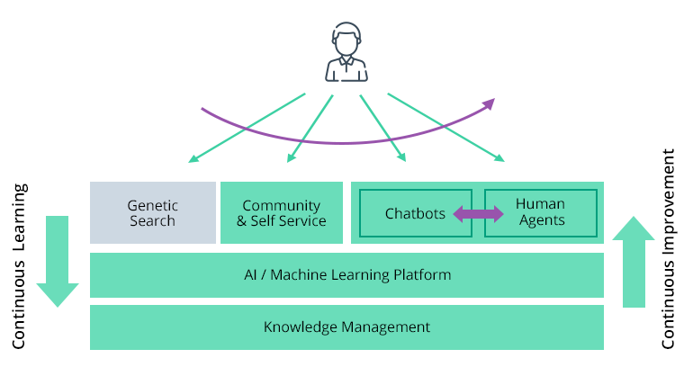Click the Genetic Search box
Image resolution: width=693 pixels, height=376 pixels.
[152, 212]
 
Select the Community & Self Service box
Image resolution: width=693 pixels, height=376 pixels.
[282, 212]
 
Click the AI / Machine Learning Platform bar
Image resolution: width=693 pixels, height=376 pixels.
[346, 274]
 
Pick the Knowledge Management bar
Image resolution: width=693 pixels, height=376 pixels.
[346, 327]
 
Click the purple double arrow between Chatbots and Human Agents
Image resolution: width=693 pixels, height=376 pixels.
[478, 213]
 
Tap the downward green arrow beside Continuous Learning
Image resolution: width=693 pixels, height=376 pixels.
[58, 261]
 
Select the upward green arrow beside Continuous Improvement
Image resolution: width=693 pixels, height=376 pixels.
[634, 261]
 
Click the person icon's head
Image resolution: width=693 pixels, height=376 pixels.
[346, 41]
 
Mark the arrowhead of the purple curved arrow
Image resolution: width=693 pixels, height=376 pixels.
[490, 103]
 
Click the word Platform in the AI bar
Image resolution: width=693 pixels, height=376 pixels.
[423, 274]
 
